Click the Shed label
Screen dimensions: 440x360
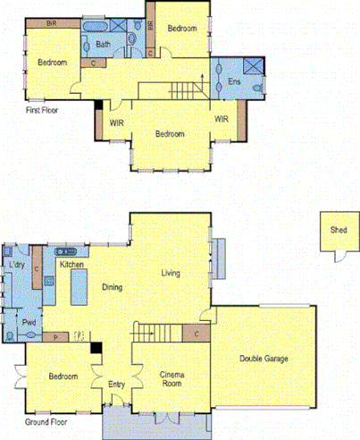[339, 230]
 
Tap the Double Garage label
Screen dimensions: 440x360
[264, 359]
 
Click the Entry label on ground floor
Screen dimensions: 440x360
[117, 385]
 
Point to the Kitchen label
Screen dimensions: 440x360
[71, 266]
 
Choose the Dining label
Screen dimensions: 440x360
[113, 287]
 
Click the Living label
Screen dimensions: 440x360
[172, 273]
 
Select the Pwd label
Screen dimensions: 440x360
[29, 322]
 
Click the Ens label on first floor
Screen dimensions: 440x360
[234, 82]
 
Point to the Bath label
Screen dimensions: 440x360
[104, 44]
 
